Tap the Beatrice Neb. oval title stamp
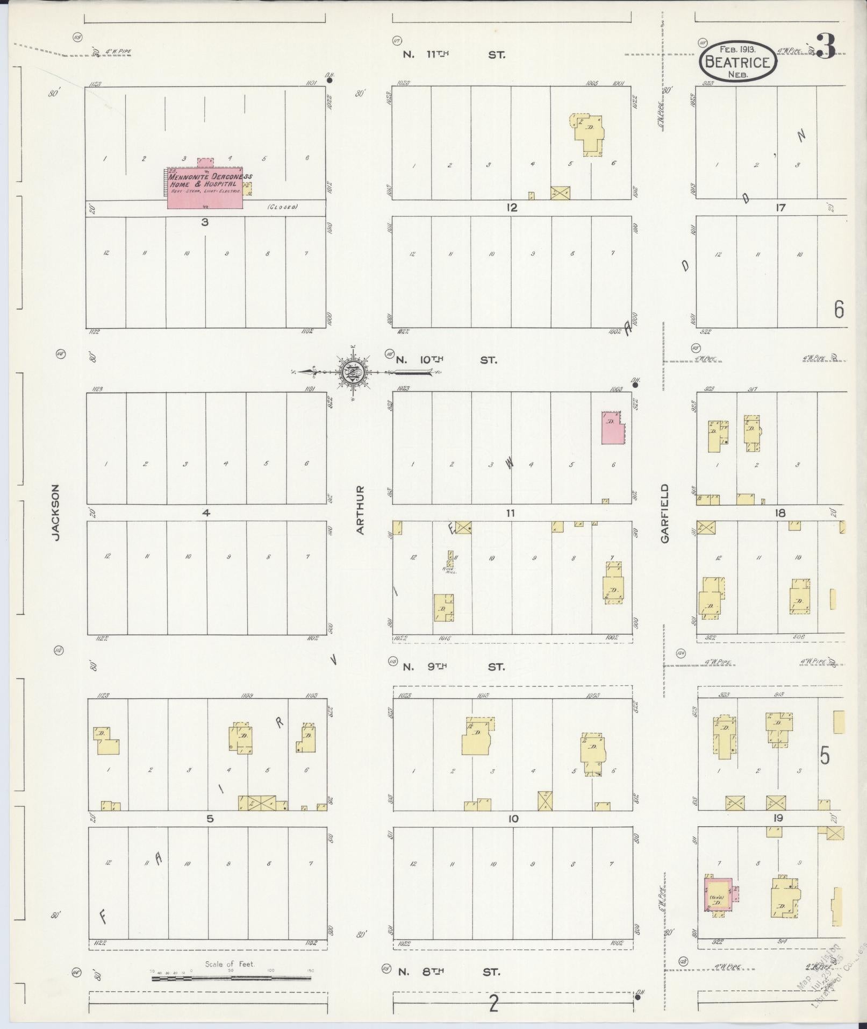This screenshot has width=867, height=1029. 738,62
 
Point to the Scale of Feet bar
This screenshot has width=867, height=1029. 231,977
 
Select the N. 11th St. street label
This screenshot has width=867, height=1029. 454,55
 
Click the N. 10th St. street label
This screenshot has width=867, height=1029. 446,360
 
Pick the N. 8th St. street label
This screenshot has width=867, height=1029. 449,972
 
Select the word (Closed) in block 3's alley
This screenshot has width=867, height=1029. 283,207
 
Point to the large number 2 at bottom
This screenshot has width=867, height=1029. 493,1004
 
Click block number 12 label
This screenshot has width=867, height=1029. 512,208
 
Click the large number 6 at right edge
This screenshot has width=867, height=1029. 839,310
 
